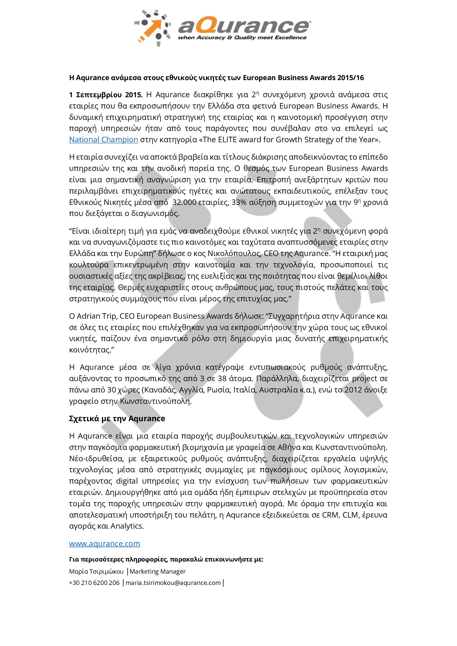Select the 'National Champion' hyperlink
pyautogui.click(x=104, y=139)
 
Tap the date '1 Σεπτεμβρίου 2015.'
pyautogui.click(x=106, y=95)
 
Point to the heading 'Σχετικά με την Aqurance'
pyautogui.click(x=117, y=418)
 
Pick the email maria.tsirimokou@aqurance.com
pyautogui.click(x=173, y=583)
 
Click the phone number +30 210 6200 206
pyautogui.click(x=94, y=583)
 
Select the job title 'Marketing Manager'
pyautogui.click(x=157, y=571)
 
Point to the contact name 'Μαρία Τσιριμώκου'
pyautogui.click(x=96, y=571)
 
